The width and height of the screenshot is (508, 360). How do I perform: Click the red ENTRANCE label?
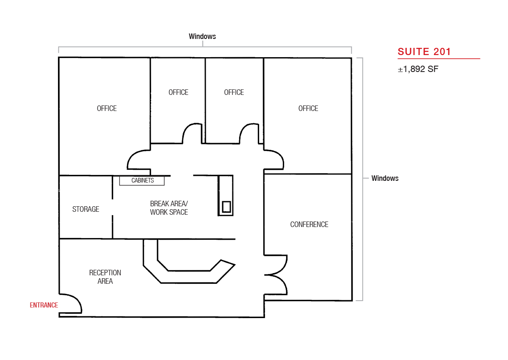point(44,305)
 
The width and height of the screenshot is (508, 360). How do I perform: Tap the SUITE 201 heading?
point(424,52)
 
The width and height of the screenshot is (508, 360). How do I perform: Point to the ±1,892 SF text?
point(418,69)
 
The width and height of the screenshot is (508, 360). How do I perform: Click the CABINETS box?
point(142,180)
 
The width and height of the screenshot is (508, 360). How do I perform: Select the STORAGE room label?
point(86,209)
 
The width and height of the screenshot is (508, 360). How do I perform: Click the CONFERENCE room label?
point(309,224)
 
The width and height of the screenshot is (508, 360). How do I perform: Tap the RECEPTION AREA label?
point(105,277)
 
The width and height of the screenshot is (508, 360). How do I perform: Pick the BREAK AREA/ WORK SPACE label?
point(169,208)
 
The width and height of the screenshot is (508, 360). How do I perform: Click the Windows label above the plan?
point(202,36)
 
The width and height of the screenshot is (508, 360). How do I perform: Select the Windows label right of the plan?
point(385,178)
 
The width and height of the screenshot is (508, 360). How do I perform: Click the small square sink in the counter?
point(226,207)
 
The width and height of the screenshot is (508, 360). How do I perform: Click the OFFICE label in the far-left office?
point(107,108)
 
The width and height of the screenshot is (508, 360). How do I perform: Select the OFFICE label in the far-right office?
point(308,108)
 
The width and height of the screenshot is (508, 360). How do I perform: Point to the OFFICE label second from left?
point(179,92)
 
